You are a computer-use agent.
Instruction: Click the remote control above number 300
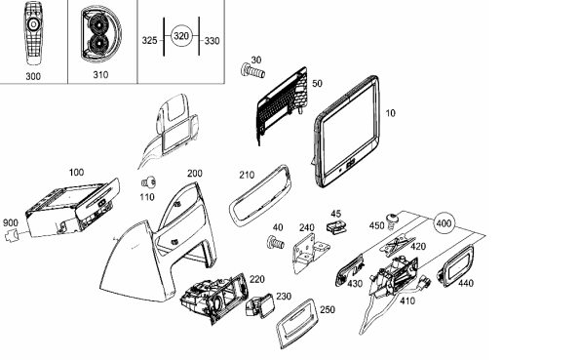point(33,32)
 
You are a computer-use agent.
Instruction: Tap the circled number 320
point(181,36)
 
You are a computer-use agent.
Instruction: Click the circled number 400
point(444,223)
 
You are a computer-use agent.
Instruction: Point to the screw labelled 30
point(253,71)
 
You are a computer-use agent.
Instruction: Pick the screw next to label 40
point(276,243)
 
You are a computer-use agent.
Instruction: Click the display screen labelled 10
point(347,132)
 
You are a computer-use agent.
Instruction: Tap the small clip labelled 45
point(336,226)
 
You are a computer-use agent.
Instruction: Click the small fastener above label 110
point(149,182)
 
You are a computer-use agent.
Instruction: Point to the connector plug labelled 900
point(12,235)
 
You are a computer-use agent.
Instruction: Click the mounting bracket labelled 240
point(311,254)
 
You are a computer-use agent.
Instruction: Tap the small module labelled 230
point(261,306)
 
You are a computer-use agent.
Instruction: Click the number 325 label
point(150,40)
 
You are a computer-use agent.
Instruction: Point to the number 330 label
point(212,41)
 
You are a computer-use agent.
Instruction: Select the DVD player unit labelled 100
point(72,208)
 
